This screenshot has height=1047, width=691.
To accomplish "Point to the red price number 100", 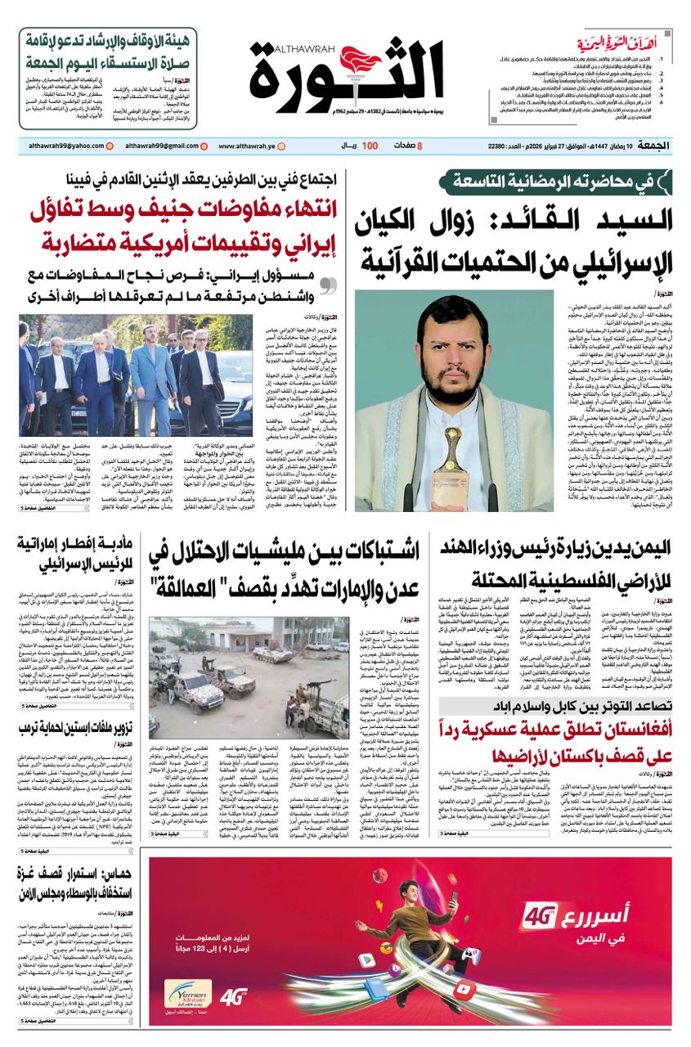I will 370,146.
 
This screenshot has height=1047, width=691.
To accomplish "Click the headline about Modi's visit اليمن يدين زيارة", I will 557,565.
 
